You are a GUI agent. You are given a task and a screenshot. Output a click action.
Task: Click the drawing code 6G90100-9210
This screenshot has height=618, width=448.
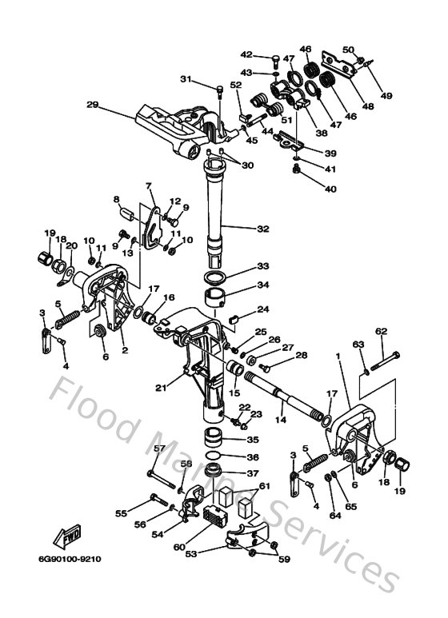click(x=69, y=559)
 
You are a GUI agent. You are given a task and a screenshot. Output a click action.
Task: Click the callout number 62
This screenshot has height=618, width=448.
click(x=381, y=331)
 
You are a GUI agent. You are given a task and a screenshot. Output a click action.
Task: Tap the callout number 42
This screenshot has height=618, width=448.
click(x=246, y=55)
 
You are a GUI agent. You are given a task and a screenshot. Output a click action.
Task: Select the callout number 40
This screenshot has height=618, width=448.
click(x=330, y=189)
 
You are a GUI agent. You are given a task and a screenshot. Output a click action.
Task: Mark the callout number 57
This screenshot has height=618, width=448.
click(x=159, y=449)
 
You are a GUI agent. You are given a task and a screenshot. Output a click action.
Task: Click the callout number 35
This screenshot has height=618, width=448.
click(x=253, y=440)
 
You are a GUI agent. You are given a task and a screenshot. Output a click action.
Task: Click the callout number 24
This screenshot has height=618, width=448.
click(x=263, y=310)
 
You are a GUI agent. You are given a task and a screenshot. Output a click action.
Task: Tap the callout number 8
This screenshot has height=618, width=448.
click(x=116, y=200)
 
